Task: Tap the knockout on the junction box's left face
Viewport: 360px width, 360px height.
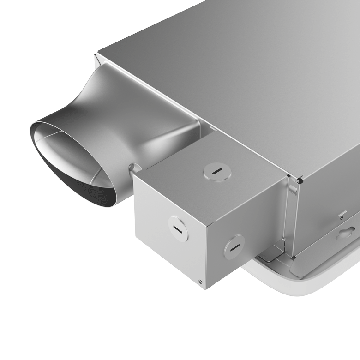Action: coord(178,228)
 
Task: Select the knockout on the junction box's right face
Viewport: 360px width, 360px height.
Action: coord(234,246)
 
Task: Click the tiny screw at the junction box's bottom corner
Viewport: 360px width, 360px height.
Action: coord(199,281)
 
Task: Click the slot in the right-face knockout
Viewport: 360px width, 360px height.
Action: coord(234,247)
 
